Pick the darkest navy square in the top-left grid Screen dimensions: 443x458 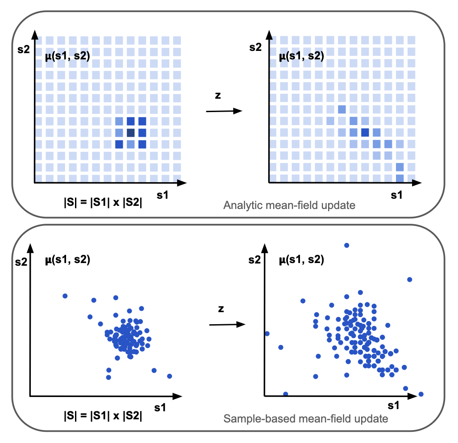pyautogui.click(x=131, y=133)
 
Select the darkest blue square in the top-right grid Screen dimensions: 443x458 pyautogui.click(x=365, y=133)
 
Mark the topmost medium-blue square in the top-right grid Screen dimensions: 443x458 pyautogui.click(x=342, y=109)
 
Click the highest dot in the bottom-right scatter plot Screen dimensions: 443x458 pyautogui.click(x=346, y=245)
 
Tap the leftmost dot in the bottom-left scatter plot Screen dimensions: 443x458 pyautogui.click(x=65, y=296)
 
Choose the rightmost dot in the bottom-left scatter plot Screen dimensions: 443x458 pyautogui.click(x=170, y=376)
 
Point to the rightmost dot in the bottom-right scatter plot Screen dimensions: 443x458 pyautogui.click(x=421, y=394)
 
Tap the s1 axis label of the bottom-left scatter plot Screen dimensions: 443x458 pyautogui.click(x=161, y=408)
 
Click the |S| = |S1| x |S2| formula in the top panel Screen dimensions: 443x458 pyautogui.click(x=103, y=201)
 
